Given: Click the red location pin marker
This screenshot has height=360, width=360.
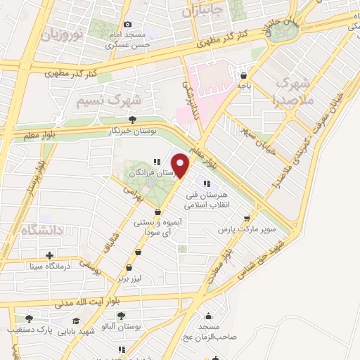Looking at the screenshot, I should pyautogui.click(x=181, y=165).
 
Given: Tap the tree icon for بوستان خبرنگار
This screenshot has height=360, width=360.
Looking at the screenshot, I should pyautogui.click(x=131, y=120).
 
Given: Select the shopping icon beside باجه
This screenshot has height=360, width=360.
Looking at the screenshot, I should pyautogui.click(x=243, y=75).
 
